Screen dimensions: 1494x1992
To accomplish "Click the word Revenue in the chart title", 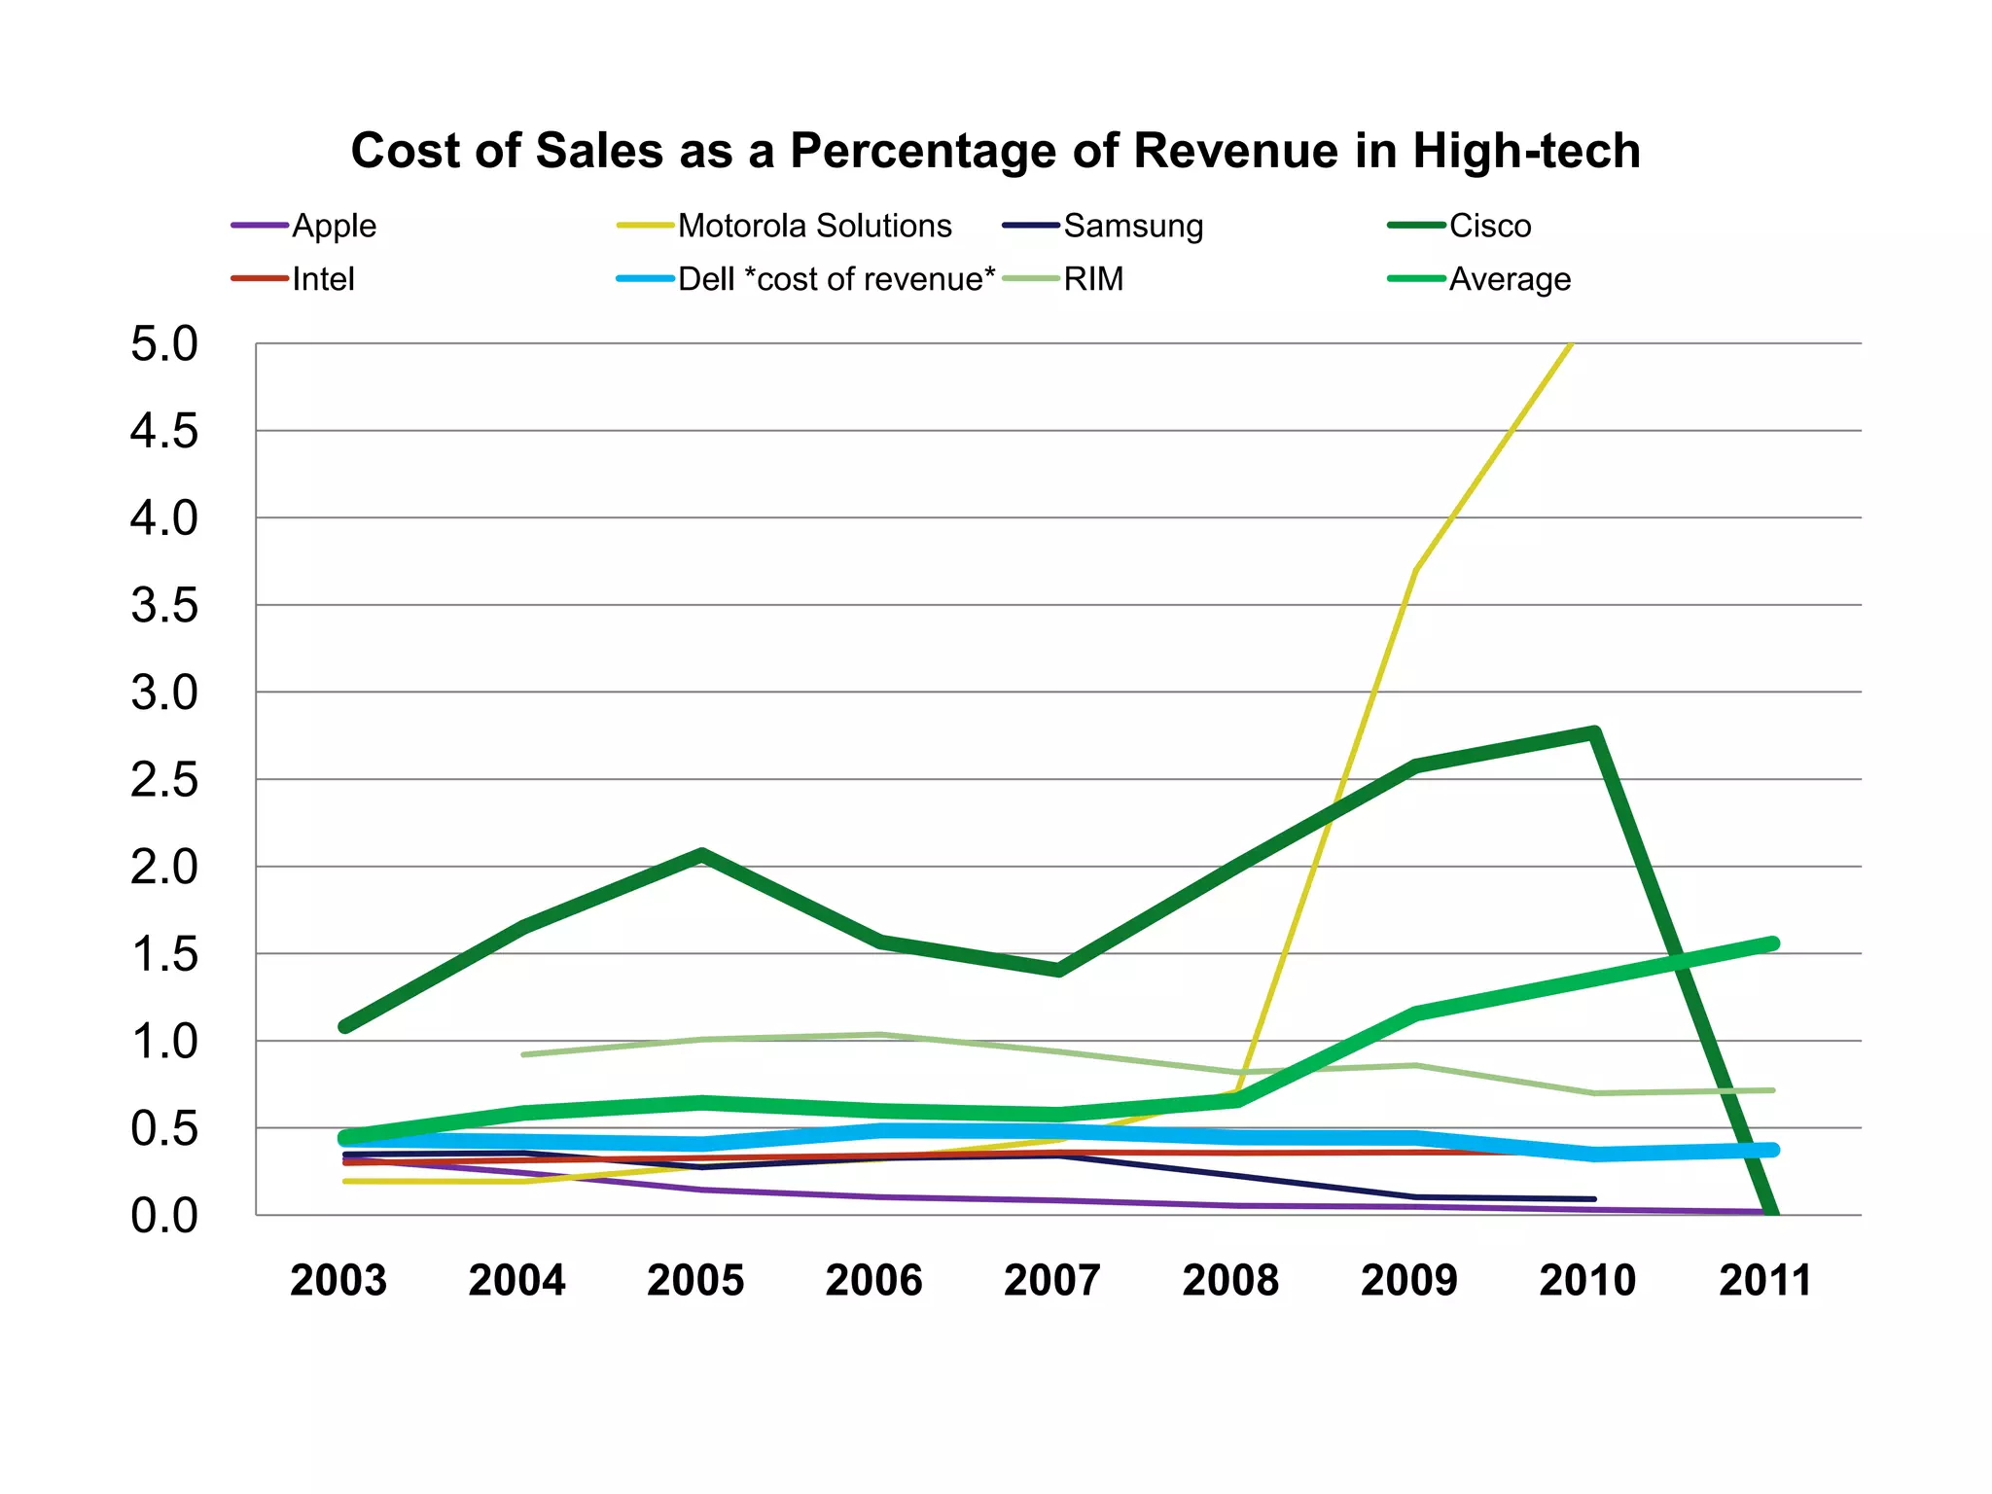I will (1235, 152).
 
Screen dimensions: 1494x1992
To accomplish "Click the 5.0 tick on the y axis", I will (163, 344).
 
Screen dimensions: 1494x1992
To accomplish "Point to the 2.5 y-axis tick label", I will (163, 780).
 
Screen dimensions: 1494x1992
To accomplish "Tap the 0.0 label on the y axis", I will (163, 1216).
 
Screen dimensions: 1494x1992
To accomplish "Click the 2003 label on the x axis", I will (338, 1280).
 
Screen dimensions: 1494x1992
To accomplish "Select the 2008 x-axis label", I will (1230, 1280).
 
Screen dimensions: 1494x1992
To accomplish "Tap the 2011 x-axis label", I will (1765, 1280).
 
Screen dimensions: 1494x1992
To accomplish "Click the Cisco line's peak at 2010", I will (1594, 732).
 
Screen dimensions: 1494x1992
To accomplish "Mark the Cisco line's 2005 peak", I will (701, 854).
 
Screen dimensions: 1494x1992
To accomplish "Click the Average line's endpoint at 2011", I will (1772, 943).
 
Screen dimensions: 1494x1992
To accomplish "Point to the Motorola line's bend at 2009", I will (1415, 570).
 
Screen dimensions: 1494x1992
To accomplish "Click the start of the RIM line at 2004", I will (523, 1054).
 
